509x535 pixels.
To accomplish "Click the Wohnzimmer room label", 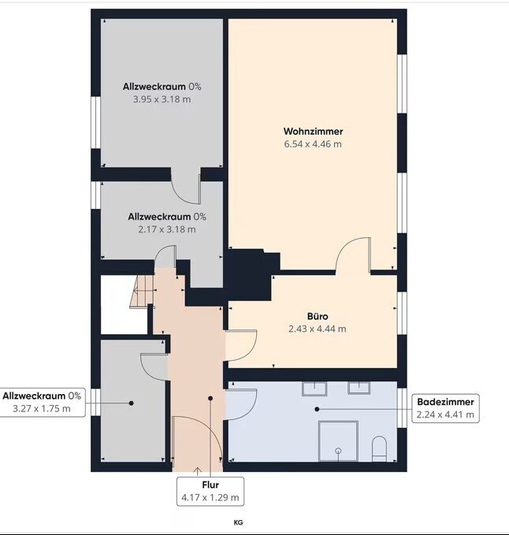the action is coord(313,132).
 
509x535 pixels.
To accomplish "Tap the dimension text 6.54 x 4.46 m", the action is coord(313,144).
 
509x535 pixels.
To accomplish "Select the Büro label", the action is coord(318,316).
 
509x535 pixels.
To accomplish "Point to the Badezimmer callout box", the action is coord(445,408).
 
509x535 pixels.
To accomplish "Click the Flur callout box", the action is coord(210,492).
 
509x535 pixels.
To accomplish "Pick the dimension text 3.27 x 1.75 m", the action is coord(42,408).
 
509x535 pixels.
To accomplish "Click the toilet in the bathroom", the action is coord(379,448).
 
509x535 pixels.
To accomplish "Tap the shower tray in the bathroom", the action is coord(338,440).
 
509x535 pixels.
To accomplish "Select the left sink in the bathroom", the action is coord(314,388).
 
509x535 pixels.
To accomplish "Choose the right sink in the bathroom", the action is coord(359,388).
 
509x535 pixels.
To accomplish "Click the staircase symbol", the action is coord(142,292).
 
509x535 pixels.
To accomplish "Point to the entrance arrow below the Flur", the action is coord(198,471).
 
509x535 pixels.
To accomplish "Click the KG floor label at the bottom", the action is coord(238,522).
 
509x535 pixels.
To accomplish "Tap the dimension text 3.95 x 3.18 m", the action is coord(162,99).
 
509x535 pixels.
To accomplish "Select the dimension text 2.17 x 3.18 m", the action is coord(167,229).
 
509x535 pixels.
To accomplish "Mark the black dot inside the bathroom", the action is coord(317,409).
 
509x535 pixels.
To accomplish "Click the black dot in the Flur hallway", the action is coord(210,398).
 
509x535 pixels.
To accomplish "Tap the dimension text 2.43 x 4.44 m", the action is coord(318,329).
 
